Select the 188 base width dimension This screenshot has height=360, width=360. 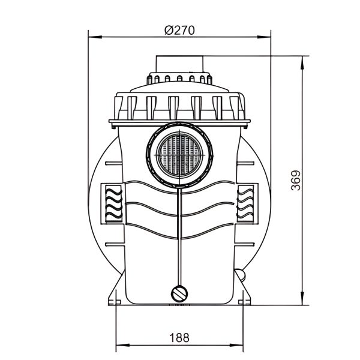180,337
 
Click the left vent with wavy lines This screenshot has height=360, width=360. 112,202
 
